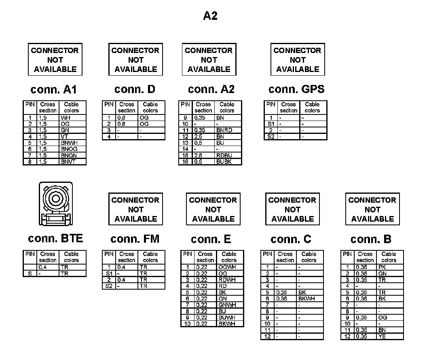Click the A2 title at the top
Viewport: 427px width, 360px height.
click(210, 16)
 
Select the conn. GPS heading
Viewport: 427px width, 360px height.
click(296, 89)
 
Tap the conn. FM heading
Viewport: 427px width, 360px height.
click(135, 239)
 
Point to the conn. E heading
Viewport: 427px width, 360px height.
click(211, 239)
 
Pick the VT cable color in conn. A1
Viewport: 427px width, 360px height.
click(65, 137)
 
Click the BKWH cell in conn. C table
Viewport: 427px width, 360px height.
click(306, 299)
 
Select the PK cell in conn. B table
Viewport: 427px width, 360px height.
click(383, 267)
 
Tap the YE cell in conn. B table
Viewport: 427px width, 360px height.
click(382, 337)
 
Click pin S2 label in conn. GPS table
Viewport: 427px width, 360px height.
click(271, 137)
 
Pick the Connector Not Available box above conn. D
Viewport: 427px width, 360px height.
click(135, 59)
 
